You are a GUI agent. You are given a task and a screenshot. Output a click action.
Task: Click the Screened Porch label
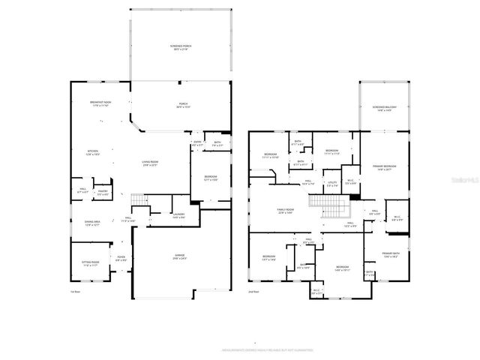click(x=180, y=48)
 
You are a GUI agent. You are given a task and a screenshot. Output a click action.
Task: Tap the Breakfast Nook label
click(x=100, y=104)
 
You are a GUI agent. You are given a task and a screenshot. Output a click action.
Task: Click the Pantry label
click(x=103, y=192)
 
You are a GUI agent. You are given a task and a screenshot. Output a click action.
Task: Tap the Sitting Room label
click(x=90, y=263)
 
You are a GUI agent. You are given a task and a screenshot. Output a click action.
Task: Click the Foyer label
click(x=121, y=259)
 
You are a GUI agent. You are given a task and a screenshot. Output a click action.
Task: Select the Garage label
click(x=180, y=256)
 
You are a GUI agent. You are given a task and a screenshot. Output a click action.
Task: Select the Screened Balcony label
click(x=384, y=109)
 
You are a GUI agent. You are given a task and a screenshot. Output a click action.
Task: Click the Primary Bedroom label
click(x=383, y=167)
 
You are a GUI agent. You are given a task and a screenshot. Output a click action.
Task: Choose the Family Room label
click(x=285, y=211)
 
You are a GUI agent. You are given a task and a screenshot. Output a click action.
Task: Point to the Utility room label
click(x=332, y=183)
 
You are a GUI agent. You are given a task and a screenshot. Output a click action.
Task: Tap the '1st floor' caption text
click(x=74, y=291)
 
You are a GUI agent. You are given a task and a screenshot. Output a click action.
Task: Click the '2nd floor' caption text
click(x=253, y=291)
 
